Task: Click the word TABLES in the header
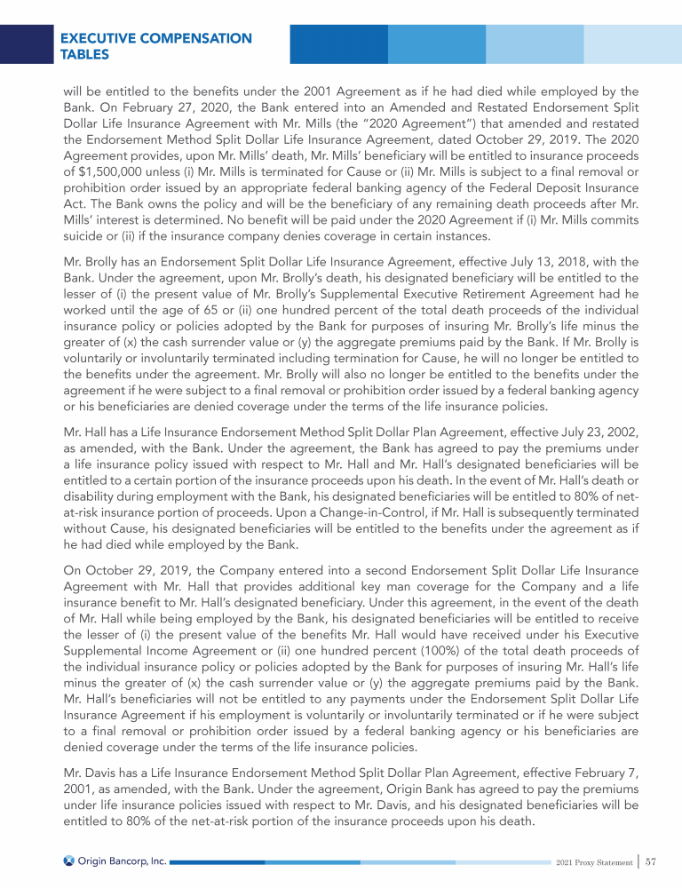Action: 85,55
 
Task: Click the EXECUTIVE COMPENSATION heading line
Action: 155,38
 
